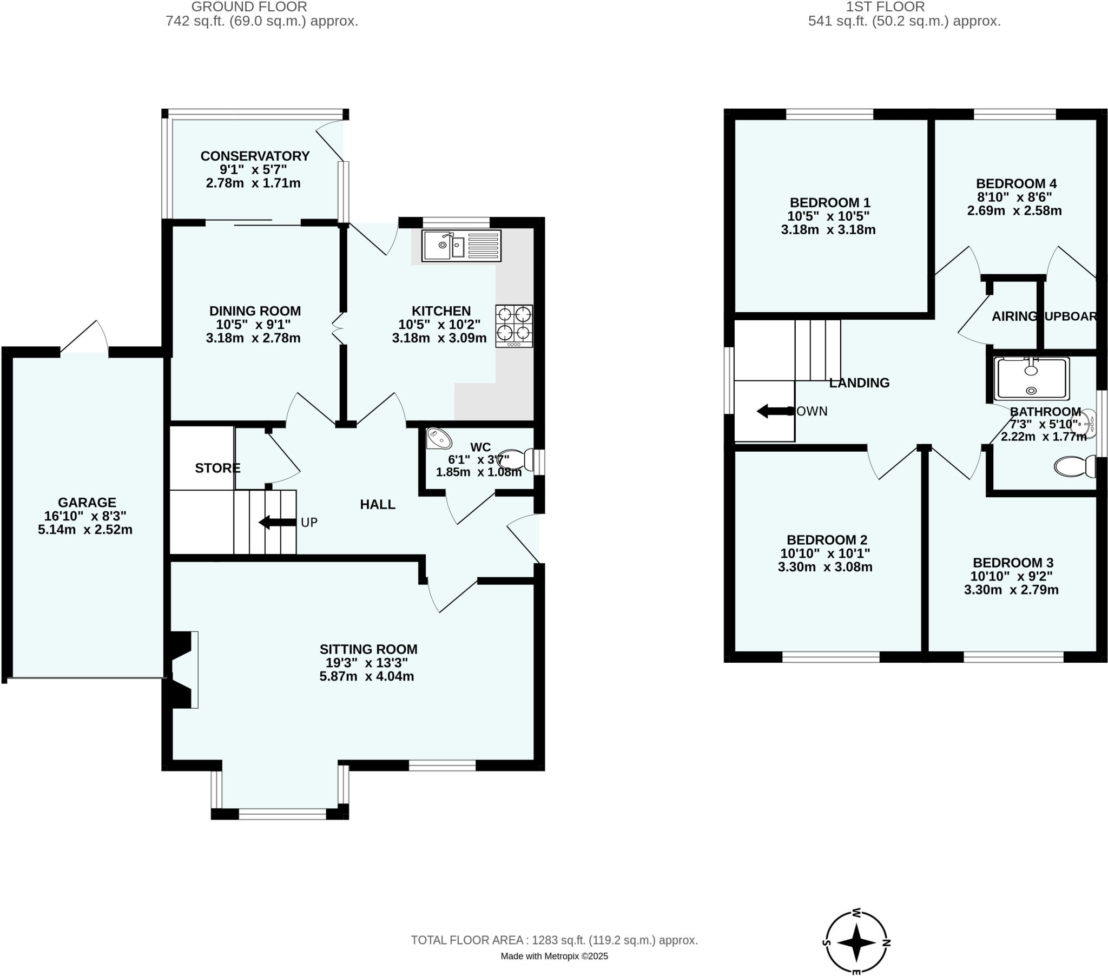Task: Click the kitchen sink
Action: click(461, 246)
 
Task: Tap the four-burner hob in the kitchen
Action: click(514, 325)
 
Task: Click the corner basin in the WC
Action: click(438, 439)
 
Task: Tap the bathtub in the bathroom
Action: click(1031, 379)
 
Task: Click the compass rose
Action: click(856, 942)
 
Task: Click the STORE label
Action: click(217, 468)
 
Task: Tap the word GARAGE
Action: click(87, 503)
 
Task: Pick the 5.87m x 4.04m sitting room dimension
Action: click(366, 677)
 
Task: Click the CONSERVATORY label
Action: click(255, 156)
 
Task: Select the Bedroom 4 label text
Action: click(1016, 184)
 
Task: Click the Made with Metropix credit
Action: click(554, 956)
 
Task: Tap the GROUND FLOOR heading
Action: click(249, 7)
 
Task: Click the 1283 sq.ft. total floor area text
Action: click(554, 940)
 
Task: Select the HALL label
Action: click(377, 504)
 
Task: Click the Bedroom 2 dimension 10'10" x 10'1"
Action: click(825, 553)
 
